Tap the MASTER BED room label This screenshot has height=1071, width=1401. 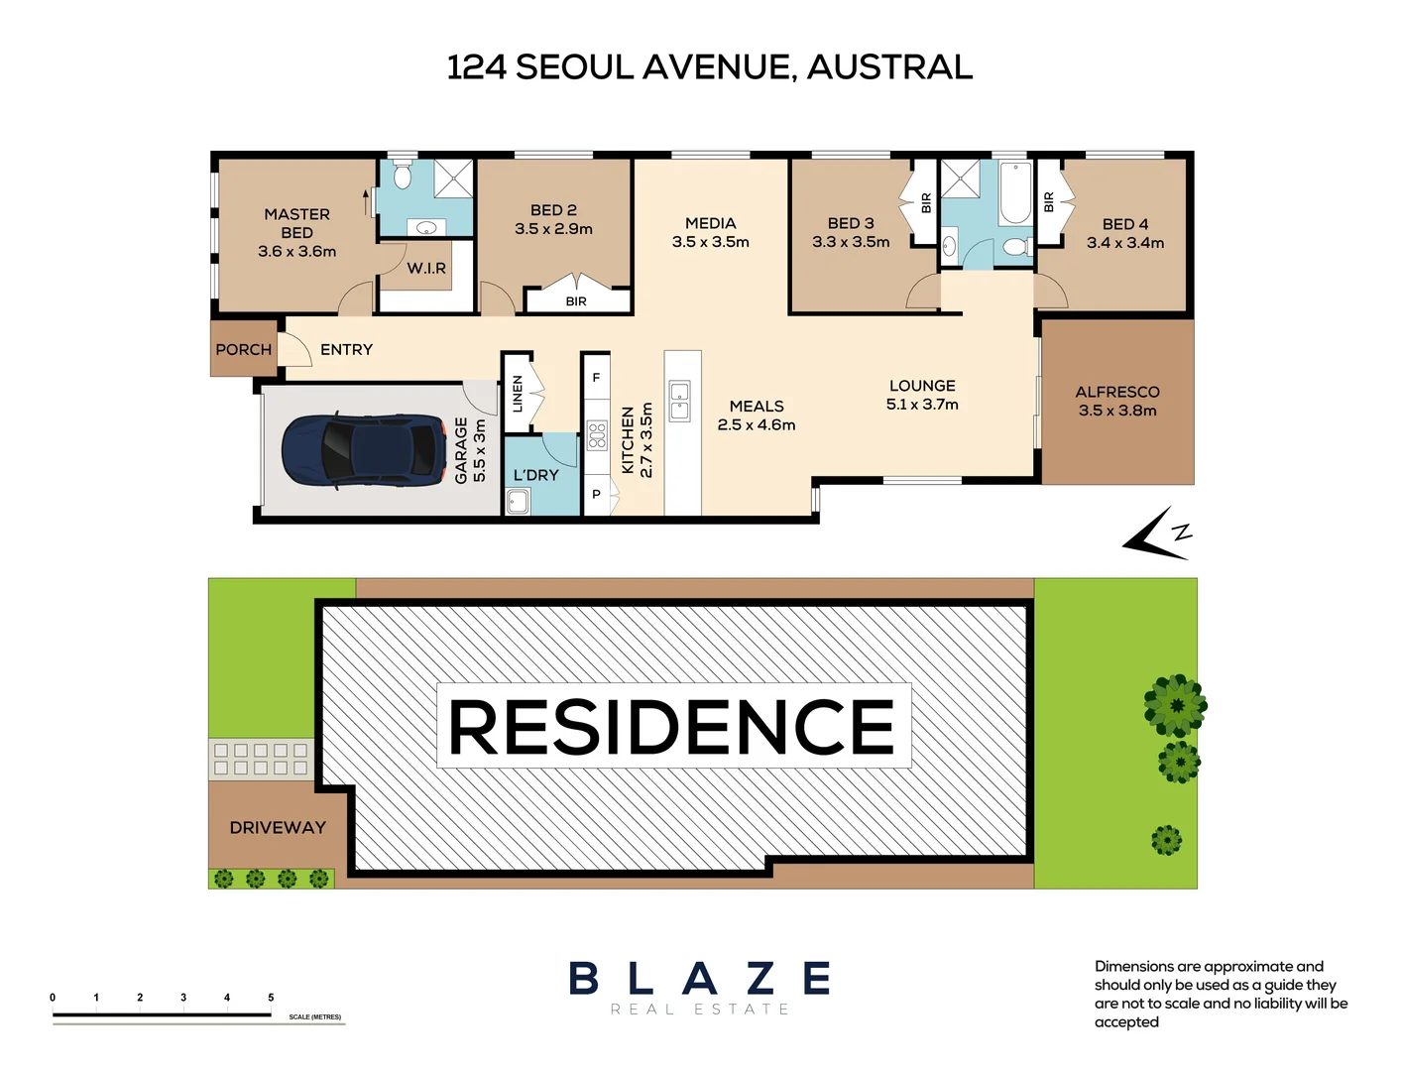(296, 223)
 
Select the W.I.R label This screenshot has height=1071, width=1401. (426, 269)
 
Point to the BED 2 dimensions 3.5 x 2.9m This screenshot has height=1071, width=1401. (553, 229)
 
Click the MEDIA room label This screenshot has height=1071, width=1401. (710, 223)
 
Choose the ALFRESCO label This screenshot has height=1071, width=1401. (1117, 392)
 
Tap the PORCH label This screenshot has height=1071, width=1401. (243, 350)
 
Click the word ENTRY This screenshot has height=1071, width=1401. (346, 350)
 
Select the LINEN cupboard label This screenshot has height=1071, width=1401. (517, 394)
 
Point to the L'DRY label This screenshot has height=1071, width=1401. (535, 475)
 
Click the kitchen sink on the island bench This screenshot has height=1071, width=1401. (679, 400)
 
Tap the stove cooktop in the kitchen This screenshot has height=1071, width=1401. (597, 435)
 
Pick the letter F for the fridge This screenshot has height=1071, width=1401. (596, 378)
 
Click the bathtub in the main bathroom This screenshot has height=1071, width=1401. (1014, 194)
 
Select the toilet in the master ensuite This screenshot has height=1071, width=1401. (402, 177)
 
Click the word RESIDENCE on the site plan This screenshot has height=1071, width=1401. (672, 727)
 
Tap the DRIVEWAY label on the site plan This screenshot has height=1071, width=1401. (278, 828)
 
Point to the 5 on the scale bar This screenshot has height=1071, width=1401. (271, 998)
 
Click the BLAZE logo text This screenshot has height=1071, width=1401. (700, 979)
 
